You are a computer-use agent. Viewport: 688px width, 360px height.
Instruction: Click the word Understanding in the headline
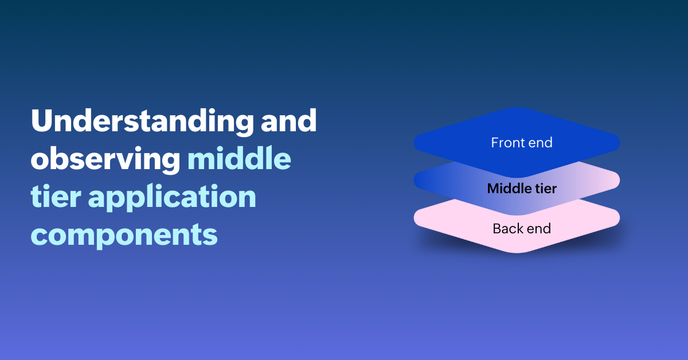(142, 122)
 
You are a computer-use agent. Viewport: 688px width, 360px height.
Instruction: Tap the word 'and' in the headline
(288, 120)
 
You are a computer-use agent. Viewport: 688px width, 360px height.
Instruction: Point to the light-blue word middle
(239, 158)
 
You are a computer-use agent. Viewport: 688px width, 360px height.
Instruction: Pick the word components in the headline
(124, 236)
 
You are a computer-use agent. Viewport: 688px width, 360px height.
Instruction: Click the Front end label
(522, 143)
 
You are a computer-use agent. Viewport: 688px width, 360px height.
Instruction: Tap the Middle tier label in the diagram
(522, 188)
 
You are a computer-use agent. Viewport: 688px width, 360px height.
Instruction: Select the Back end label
(522, 229)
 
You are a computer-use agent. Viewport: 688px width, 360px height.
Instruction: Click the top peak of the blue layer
(517, 108)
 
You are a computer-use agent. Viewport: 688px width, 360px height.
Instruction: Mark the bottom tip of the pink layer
(517, 252)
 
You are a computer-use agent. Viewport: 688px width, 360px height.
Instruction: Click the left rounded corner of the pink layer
(415, 217)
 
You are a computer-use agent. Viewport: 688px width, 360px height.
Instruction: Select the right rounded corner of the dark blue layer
(619, 143)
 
